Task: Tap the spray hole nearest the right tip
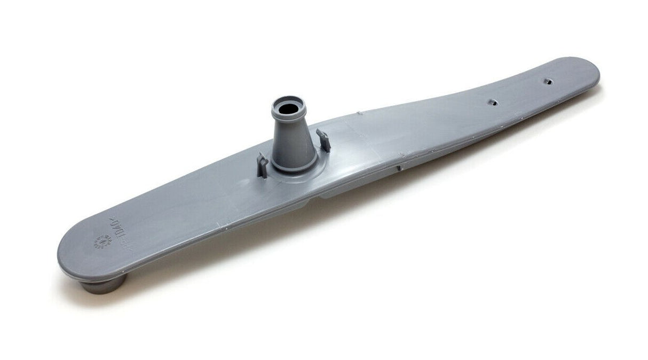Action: [x=547, y=81]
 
